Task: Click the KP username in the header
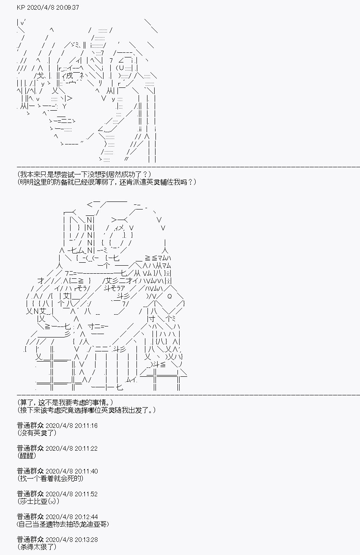pyautogui.click(x=21, y=8)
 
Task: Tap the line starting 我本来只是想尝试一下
pyautogui.click(x=84, y=174)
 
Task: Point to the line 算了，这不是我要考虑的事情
pyautogui.click(x=65, y=402)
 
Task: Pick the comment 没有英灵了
pyautogui.click(x=37, y=433)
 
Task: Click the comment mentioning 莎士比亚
pyautogui.click(x=38, y=501)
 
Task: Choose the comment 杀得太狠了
pyautogui.click(x=37, y=547)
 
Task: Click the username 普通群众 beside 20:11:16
pyautogui.click(x=30, y=426)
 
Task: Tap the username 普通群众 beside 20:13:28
pyautogui.click(x=30, y=539)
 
